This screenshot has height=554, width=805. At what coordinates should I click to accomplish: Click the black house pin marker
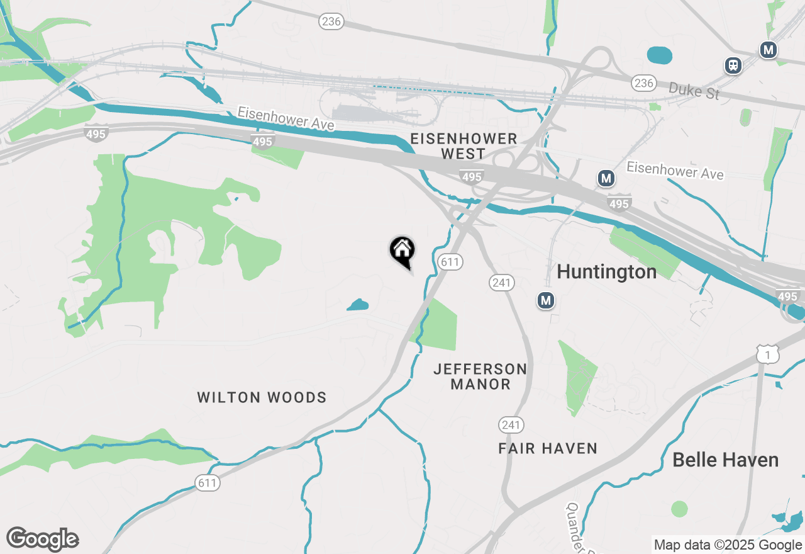pos(402,251)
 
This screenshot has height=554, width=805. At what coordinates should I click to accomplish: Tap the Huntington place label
pos(607,272)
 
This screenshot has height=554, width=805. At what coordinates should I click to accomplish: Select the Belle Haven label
pos(725,460)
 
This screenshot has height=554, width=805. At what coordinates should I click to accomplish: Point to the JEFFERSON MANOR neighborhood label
pos(480,376)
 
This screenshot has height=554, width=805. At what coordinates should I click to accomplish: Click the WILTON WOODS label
pos(262,397)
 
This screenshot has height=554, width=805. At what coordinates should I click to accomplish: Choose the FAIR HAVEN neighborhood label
pos(548,448)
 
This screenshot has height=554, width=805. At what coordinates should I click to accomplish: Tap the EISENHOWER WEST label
pos(463,146)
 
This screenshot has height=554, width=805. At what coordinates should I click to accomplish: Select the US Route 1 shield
pos(768,354)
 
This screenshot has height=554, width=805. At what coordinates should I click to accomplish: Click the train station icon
pos(733,65)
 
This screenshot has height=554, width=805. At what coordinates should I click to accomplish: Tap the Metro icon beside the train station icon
pos(768,50)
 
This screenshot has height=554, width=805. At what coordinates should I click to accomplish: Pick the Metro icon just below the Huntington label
pos(546,300)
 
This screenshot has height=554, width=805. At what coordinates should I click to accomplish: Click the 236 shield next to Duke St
pos(643,83)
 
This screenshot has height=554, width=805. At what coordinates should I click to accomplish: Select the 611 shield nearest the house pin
pos(450,261)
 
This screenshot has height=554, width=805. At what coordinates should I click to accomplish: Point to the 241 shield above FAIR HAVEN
pos(511,425)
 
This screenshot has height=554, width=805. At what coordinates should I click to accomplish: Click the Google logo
pos(42,540)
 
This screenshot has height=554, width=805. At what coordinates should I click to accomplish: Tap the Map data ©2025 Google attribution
pos(728,545)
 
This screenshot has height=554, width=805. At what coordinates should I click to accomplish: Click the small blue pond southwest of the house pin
pos(358,306)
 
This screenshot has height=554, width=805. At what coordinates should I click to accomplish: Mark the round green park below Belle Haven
pos(679,509)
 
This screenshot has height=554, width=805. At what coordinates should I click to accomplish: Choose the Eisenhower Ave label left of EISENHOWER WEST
pos(286,118)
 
